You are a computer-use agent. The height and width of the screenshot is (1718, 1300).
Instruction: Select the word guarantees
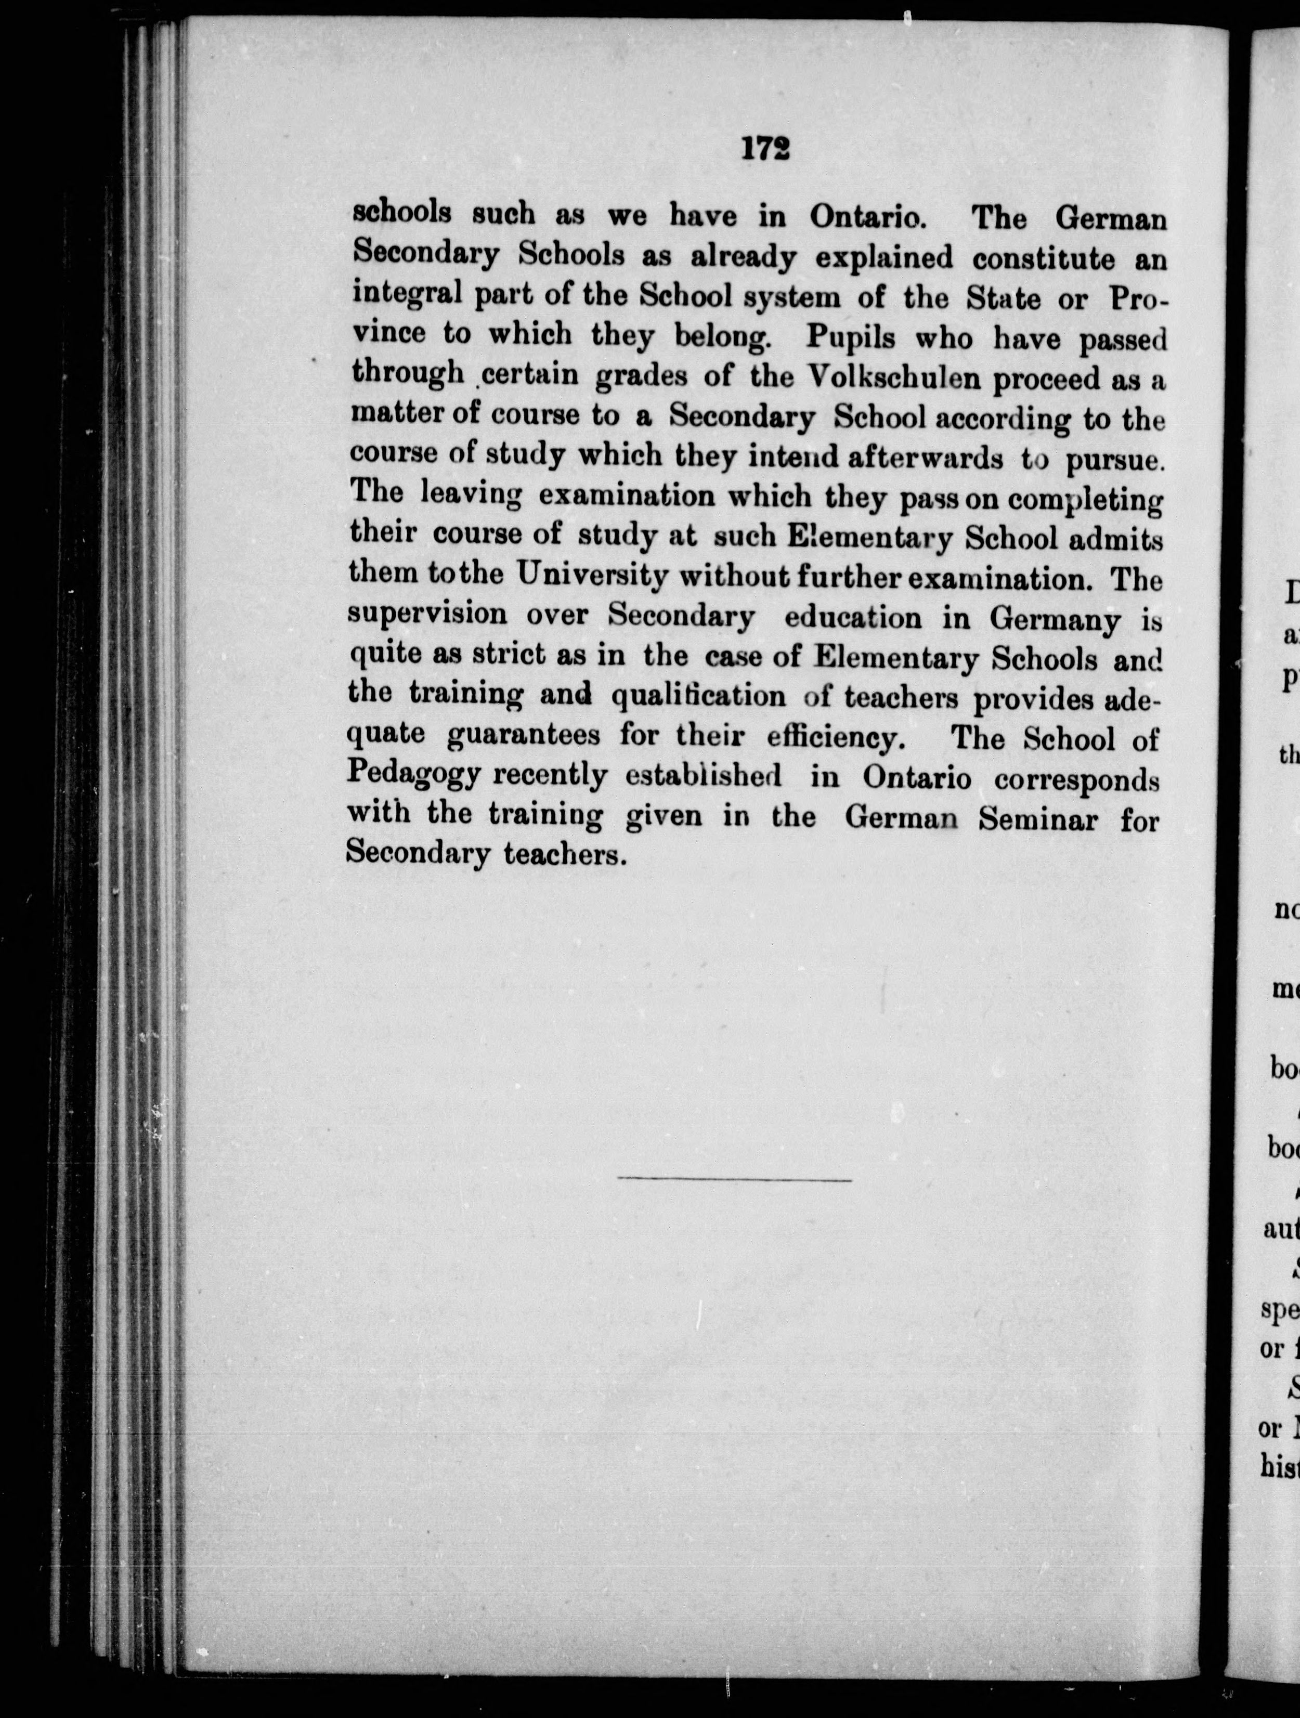(524, 735)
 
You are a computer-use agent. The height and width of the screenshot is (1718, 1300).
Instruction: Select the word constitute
(1043, 258)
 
